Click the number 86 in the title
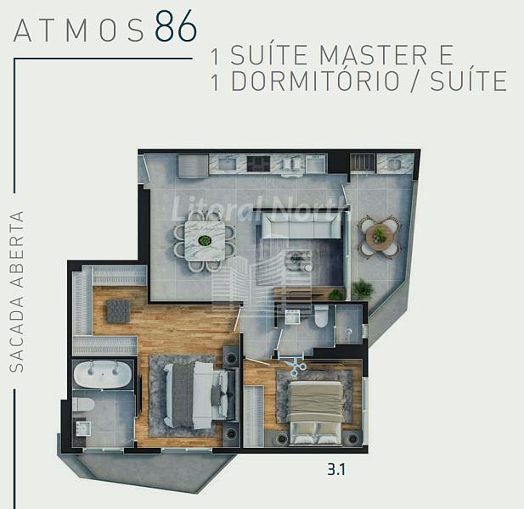[176, 26]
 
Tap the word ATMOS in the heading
[79, 31]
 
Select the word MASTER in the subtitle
[374, 54]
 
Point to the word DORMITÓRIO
[315, 81]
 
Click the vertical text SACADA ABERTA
[17, 291]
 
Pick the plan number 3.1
[336, 470]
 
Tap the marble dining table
[205, 241]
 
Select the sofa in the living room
[301, 225]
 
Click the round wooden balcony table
[380, 236]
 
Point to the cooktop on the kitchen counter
[258, 163]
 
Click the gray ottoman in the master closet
[118, 310]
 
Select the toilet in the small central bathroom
[322, 317]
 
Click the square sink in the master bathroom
[82, 428]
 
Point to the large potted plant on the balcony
[363, 289]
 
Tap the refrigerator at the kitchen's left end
[193, 165]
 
